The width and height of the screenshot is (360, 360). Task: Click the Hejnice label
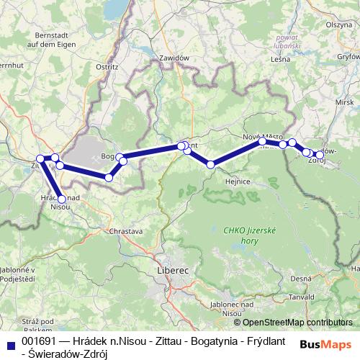click(238, 181)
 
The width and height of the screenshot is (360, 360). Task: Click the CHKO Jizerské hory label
click(244, 234)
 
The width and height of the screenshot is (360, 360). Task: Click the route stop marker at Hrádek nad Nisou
click(62, 199)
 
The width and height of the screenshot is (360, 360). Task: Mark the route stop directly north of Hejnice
click(211, 165)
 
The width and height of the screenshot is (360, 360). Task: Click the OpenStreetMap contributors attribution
click(297, 323)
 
